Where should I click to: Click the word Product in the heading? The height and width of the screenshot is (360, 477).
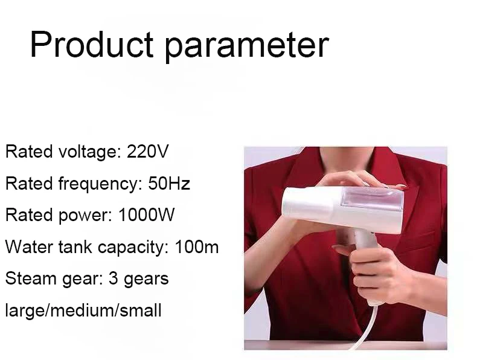pos(92,44)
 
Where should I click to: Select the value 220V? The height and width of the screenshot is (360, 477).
pos(147,151)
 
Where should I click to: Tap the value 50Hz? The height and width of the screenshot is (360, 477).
pos(169,183)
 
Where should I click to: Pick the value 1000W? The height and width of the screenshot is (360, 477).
pos(146,214)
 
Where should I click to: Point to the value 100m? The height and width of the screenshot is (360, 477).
pos(196,246)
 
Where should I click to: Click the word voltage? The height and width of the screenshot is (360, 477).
pos(88,152)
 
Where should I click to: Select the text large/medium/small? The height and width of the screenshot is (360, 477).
pos(83,310)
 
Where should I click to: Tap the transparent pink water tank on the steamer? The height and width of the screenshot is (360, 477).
pos(372,198)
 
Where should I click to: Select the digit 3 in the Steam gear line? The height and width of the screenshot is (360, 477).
pos(113,278)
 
